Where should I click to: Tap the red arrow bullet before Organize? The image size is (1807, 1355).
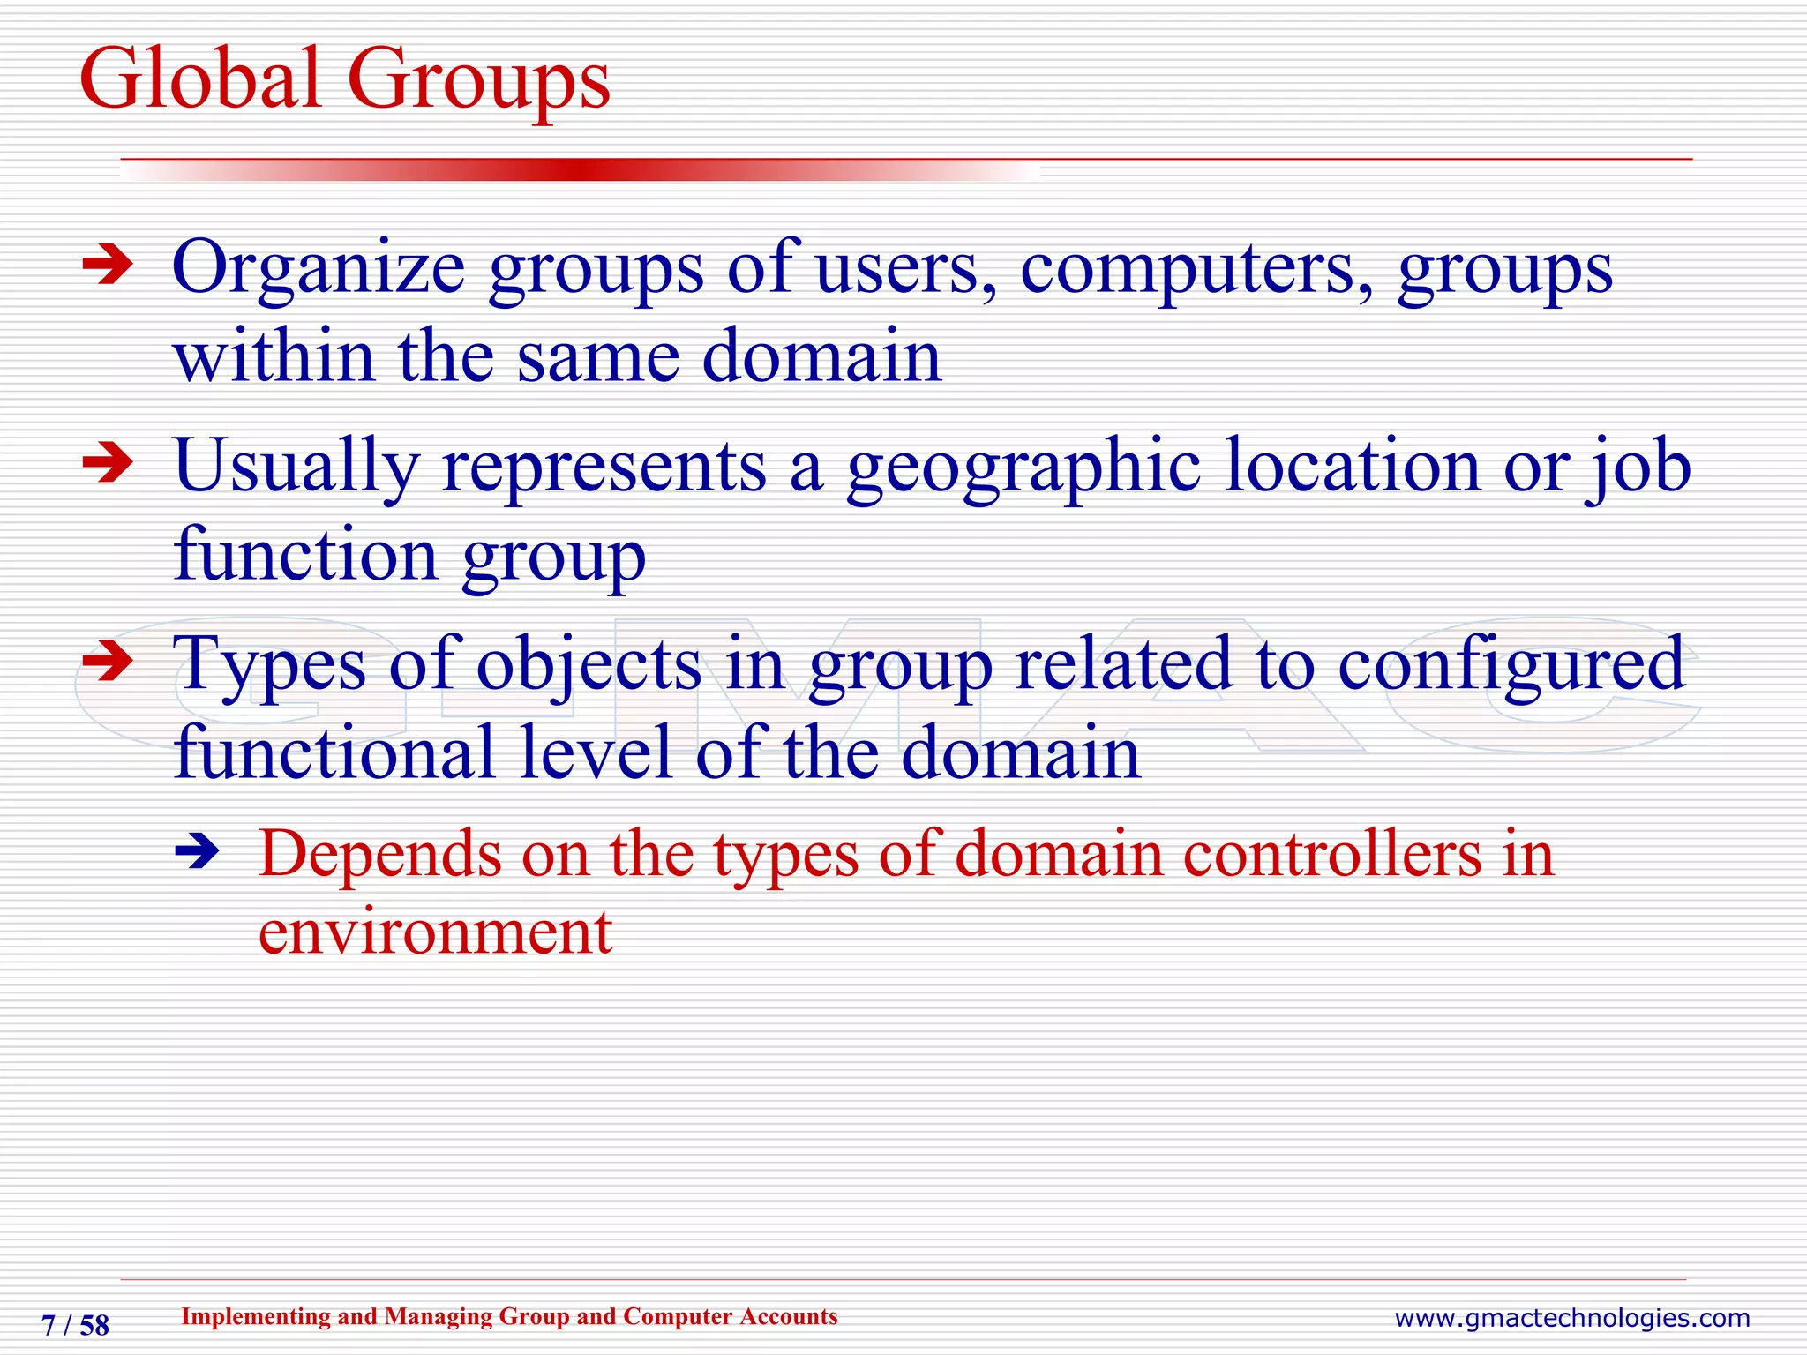pos(107,266)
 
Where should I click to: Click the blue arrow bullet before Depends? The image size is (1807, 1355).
pos(197,852)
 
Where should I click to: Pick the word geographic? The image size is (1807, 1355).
pos(1023,468)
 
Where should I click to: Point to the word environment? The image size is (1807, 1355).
pos(435,932)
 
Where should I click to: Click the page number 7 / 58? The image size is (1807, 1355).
pos(76,1325)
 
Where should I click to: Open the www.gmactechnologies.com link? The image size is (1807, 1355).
pos(1571,1318)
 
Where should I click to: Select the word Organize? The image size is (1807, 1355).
pos(319,269)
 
